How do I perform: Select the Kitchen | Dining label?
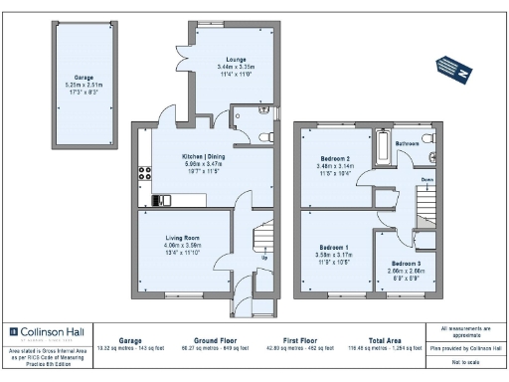click(194, 157)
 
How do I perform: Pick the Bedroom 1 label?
click(333, 247)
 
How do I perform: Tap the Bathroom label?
click(408, 143)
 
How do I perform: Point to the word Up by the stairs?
click(263, 258)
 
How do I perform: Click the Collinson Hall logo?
click(48, 332)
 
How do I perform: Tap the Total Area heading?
click(384, 340)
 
